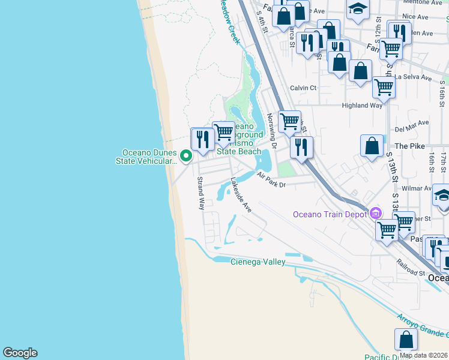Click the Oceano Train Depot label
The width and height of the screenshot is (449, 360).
[331, 214]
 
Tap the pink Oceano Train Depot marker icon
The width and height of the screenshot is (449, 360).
[376, 213]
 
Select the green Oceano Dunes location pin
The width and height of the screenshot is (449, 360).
[186, 157]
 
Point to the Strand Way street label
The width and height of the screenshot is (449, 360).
[202, 194]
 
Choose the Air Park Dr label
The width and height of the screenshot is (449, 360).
[271, 180]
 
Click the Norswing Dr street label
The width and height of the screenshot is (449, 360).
[271, 131]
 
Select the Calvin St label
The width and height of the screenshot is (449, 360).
[303, 88]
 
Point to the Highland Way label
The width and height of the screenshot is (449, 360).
[362, 106]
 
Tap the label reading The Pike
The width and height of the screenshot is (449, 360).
[409, 146]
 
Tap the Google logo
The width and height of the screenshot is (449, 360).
[20, 353]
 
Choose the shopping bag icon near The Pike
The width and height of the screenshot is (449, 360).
[372, 145]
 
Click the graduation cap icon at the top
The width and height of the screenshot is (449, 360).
[358, 9]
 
